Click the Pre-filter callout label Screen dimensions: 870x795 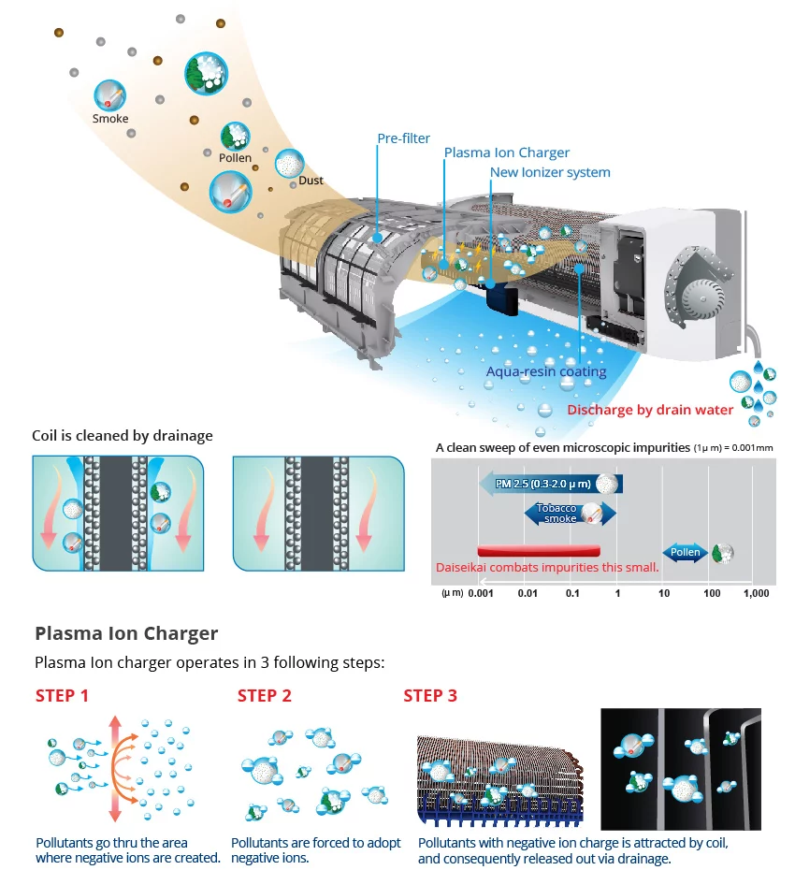tap(404, 138)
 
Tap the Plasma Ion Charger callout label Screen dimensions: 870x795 tap(506, 152)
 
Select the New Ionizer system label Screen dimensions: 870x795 tap(550, 172)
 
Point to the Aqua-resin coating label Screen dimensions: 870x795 tap(546, 371)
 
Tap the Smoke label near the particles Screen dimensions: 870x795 tap(110, 119)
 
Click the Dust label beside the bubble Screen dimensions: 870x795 tap(311, 180)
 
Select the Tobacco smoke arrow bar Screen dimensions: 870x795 tap(570, 513)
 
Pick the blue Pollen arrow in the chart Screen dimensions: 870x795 tap(686, 552)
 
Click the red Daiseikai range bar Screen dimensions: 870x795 tap(539, 549)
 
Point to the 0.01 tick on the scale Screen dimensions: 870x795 tap(528, 593)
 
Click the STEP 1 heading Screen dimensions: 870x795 tap(62, 695)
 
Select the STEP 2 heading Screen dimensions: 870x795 tap(265, 695)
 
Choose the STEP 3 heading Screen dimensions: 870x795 tap(430, 695)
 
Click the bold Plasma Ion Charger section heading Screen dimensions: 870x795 tap(126, 633)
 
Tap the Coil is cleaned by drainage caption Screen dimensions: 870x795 tap(123, 435)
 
